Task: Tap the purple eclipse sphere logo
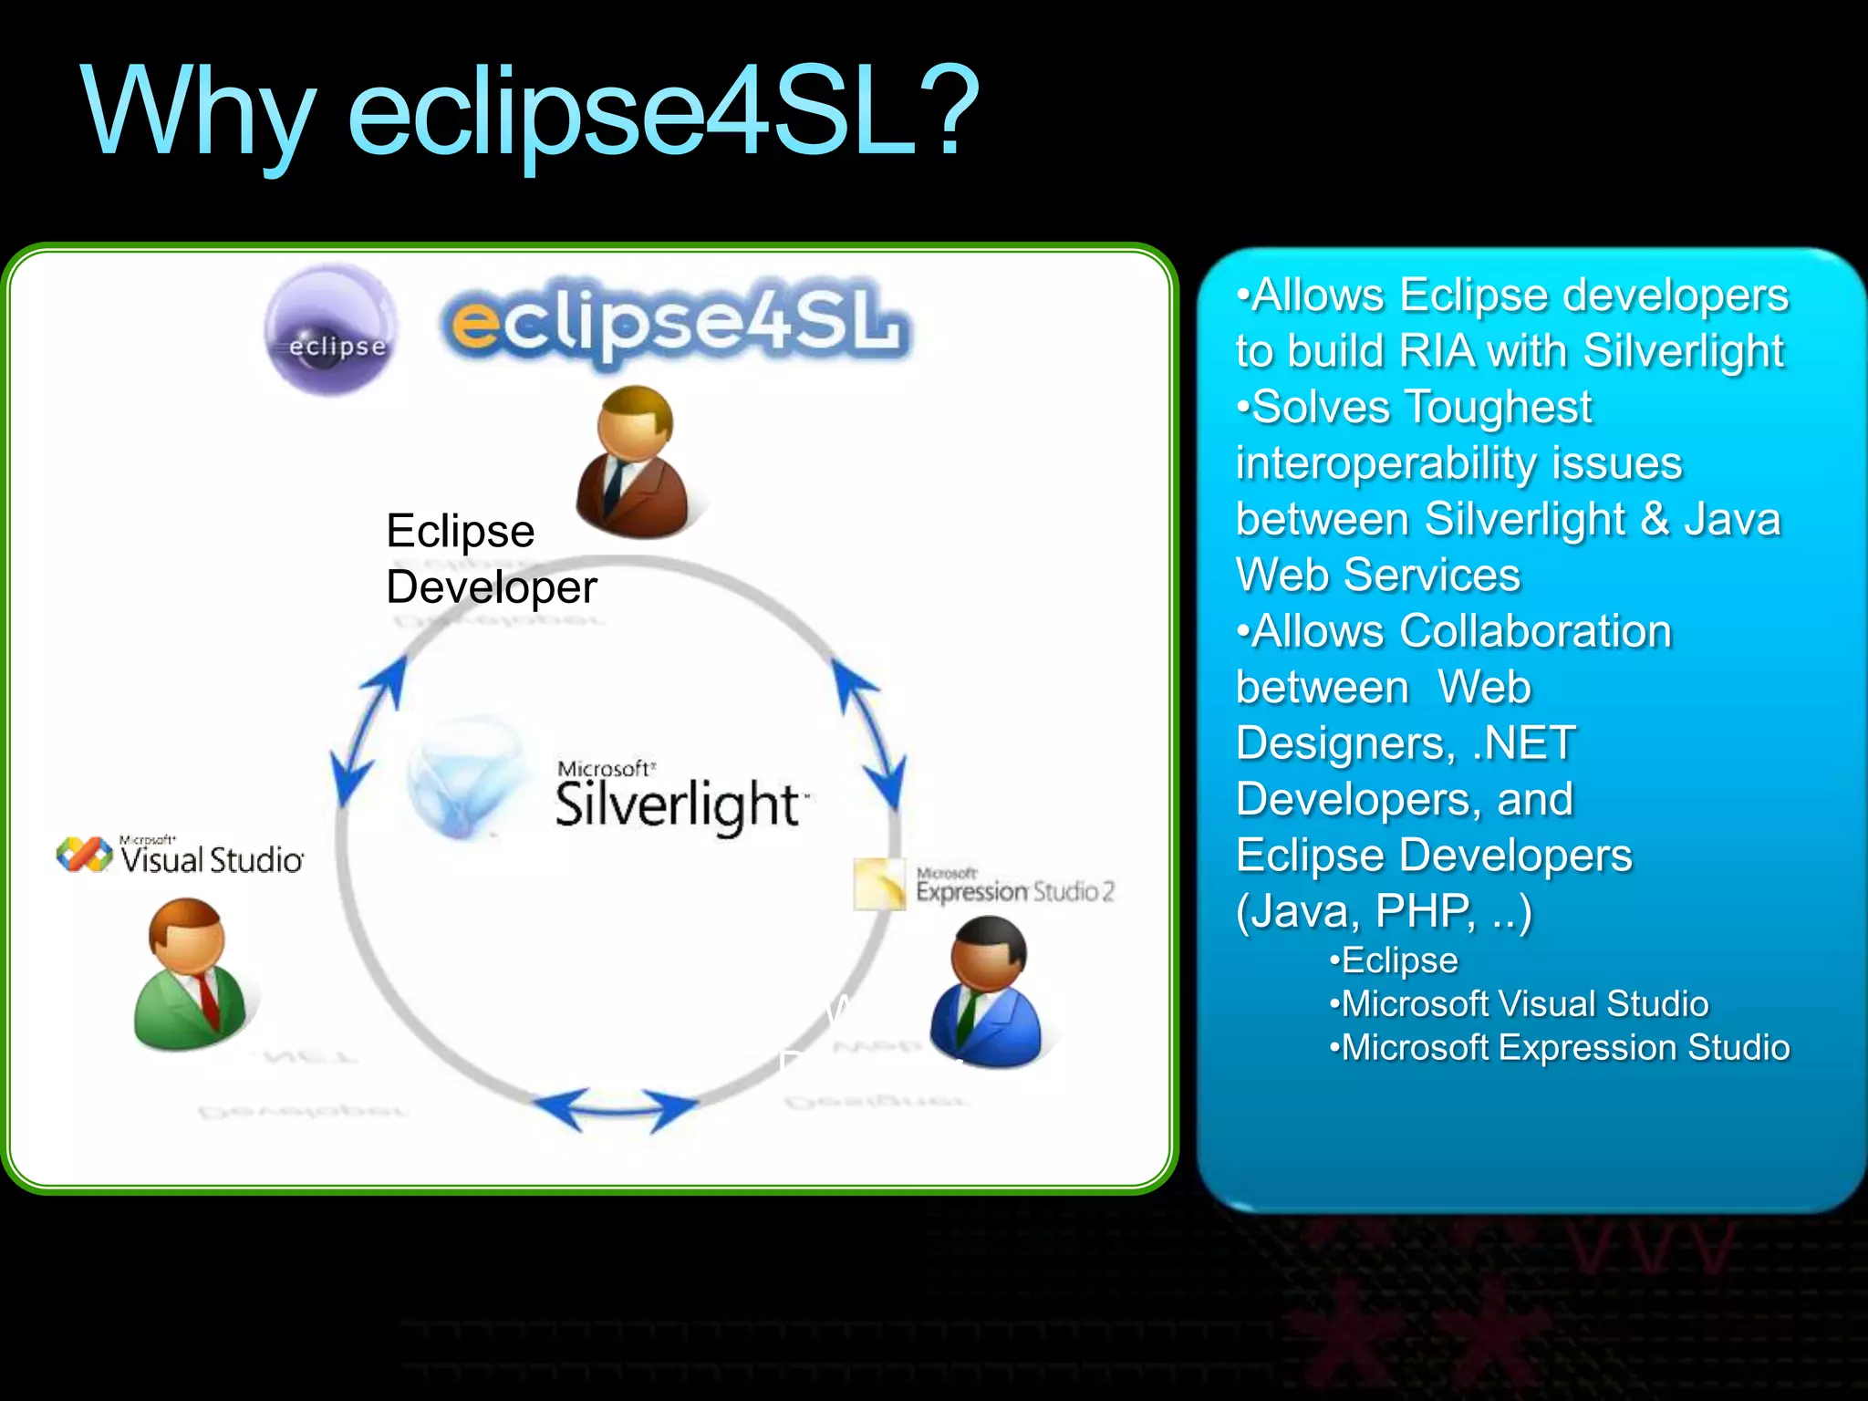(x=332, y=330)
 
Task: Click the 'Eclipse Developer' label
(x=491, y=558)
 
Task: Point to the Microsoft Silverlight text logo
(x=680, y=795)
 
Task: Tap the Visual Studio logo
(x=180, y=855)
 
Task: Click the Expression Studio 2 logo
(x=985, y=885)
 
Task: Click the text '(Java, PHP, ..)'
(x=1384, y=910)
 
